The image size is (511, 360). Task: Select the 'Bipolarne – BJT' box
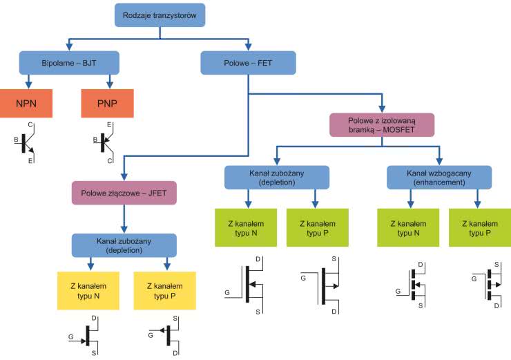point(70,62)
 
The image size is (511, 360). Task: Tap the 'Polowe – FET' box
point(248,62)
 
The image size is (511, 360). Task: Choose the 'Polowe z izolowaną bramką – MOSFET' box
point(381,124)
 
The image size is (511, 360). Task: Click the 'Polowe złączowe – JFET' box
point(124,193)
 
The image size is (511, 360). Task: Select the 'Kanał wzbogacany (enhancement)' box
point(438,178)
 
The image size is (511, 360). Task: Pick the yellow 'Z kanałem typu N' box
point(88,290)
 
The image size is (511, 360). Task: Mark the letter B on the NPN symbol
point(16,140)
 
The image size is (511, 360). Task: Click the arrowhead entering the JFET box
point(124,177)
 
